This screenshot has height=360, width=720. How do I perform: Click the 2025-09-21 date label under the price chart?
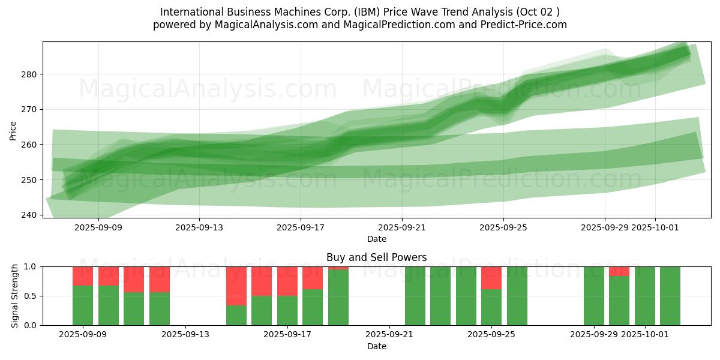click(401, 228)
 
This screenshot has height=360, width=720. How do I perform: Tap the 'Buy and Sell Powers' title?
click(376, 257)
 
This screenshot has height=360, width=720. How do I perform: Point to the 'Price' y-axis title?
click(13, 130)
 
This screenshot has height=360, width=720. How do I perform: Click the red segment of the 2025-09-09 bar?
click(83, 276)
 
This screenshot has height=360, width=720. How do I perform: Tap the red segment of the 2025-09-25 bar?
click(491, 278)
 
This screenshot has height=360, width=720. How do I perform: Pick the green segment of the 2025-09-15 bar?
click(236, 315)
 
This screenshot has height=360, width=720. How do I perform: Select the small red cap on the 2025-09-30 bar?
click(619, 271)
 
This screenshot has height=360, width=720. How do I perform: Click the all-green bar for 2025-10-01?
click(645, 296)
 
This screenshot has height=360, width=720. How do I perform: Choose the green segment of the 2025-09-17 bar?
click(287, 310)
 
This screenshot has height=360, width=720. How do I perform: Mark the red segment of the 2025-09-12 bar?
click(160, 279)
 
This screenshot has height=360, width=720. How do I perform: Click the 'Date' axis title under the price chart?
click(376, 239)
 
